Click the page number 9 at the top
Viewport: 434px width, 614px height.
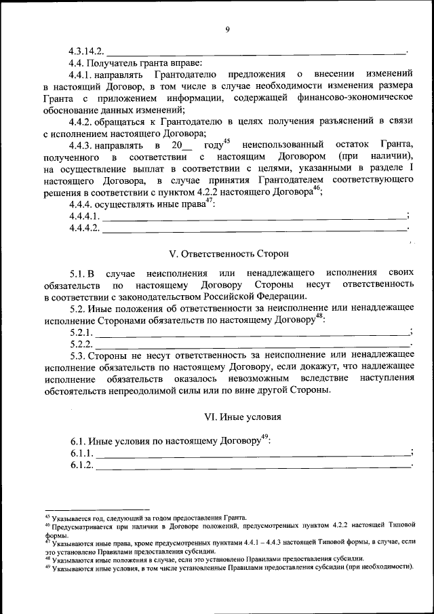pos(228,28)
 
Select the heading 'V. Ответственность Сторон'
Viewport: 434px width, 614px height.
pos(229,254)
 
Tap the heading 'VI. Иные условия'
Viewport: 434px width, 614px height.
pos(242,417)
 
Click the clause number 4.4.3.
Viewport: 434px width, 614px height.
pos(82,146)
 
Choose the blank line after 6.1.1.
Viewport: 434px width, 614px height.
pos(254,453)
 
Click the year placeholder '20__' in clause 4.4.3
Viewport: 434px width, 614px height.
pos(182,146)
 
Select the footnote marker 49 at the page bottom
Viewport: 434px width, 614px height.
pos(47,566)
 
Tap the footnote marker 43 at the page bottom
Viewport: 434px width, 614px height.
pos(47,516)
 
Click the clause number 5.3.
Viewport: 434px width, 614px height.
pos(78,356)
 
